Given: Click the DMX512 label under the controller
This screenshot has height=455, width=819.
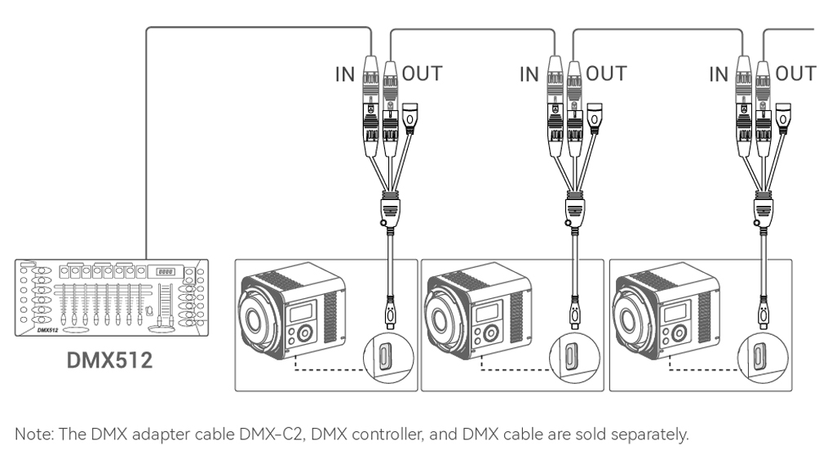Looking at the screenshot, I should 108,359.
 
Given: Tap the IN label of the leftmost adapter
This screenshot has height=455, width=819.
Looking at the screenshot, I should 346,74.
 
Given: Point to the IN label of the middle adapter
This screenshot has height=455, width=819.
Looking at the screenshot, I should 530,74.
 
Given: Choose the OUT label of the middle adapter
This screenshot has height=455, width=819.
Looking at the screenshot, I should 607,74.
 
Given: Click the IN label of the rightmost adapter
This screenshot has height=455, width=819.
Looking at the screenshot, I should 719,74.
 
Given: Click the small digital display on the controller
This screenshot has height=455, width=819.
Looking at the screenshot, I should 166,272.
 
